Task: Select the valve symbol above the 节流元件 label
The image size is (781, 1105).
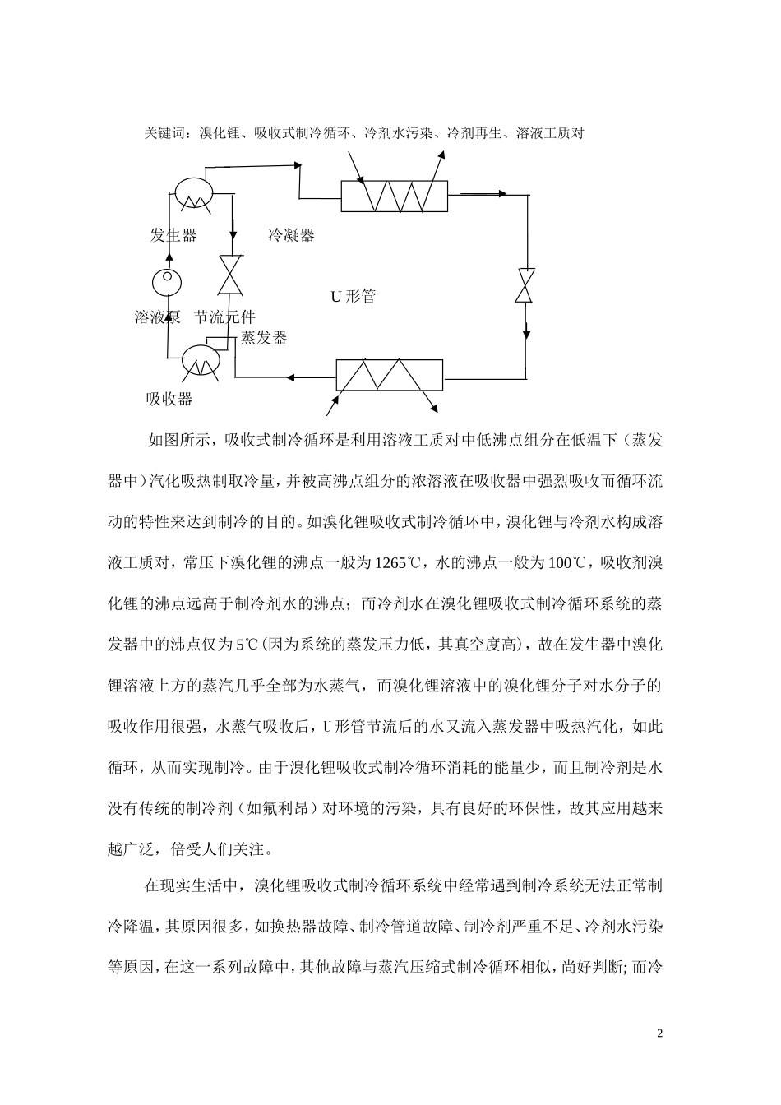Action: pos(229,275)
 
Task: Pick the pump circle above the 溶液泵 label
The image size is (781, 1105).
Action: pos(167,281)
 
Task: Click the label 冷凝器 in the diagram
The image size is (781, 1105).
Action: pos(291,235)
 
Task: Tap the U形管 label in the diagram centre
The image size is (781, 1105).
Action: pos(353,297)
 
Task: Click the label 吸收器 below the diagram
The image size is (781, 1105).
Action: pos(169,399)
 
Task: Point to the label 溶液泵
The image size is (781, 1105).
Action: pos(157,317)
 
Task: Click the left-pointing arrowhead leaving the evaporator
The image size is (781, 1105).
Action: pos(290,378)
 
